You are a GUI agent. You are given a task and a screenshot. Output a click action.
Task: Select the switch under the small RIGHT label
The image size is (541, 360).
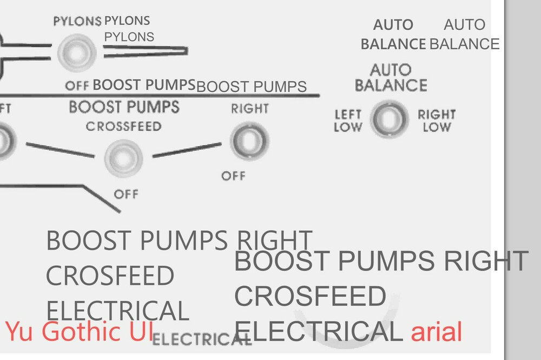[249, 140]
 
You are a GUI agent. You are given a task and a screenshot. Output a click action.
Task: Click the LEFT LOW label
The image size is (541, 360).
[348, 121]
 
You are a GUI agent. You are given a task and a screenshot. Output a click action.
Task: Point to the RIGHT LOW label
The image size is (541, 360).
[437, 121]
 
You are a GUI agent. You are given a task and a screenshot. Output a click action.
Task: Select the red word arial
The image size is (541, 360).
[436, 332]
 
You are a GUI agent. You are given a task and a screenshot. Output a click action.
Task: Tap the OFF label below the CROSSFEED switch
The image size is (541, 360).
[126, 194]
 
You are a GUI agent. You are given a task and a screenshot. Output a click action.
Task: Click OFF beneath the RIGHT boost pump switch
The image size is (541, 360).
[233, 176]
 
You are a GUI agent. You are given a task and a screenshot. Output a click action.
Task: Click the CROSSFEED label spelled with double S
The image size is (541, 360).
[123, 127]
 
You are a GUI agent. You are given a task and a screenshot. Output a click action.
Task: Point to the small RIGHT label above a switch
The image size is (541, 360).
[249, 109]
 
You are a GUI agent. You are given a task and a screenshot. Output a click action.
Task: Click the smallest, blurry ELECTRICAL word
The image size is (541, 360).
[202, 340]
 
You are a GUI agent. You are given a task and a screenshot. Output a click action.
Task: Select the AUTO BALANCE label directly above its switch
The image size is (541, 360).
[391, 77]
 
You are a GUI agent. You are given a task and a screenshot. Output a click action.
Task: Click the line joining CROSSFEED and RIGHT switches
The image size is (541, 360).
[186, 150]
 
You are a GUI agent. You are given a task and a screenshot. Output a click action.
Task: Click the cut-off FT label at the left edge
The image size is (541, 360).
[5, 108]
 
